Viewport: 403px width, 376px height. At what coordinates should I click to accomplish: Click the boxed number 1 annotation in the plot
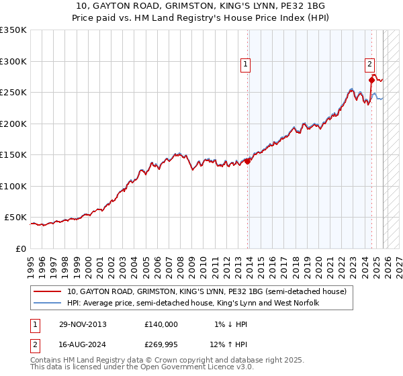tap(246, 64)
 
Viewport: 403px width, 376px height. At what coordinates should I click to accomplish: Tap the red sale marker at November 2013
tap(248, 161)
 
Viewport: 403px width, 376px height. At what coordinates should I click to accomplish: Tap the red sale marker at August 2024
tap(371, 80)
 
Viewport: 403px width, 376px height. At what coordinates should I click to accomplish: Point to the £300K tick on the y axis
tap(13, 61)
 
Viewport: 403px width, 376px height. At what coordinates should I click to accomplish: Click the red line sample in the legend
tap(47, 291)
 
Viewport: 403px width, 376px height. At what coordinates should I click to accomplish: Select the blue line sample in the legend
tap(47, 303)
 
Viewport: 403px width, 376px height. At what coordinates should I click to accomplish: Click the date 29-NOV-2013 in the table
tap(83, 324)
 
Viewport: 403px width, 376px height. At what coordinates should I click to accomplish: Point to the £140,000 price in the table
tap(161, 324)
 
